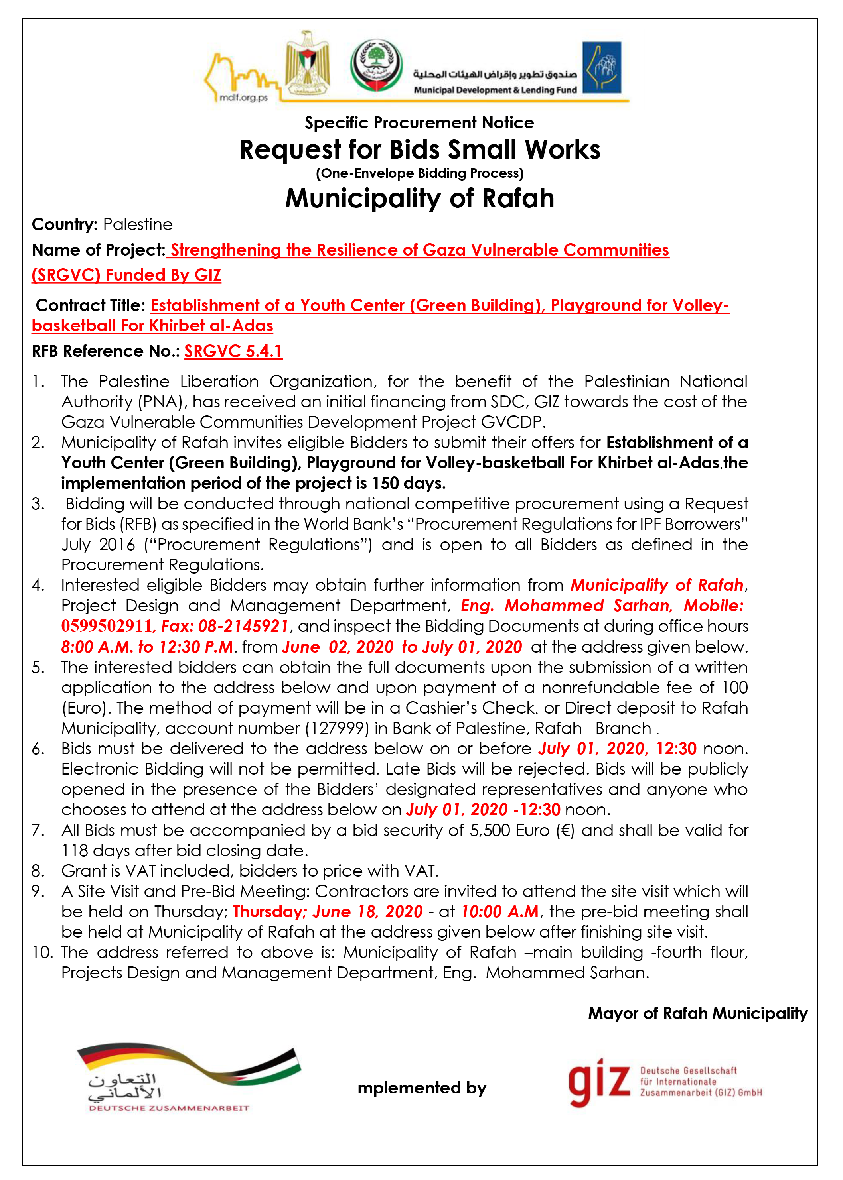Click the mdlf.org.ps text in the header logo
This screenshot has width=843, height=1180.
coord(243,98)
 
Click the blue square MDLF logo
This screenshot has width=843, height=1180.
coord(602,67)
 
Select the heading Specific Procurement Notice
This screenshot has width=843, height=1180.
coord(419,123)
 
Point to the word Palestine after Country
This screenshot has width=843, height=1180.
coord(138,224)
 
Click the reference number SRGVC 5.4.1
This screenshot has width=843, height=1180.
coord(233,352)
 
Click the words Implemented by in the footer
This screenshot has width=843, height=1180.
coord(421,1088)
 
